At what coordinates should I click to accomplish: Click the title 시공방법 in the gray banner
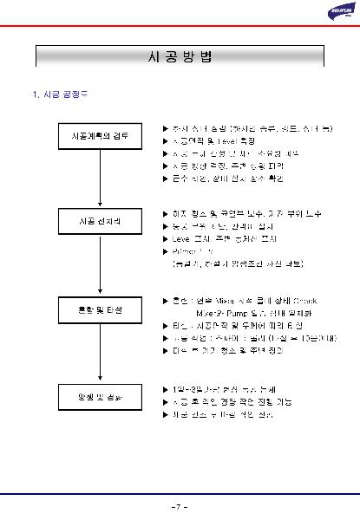(180, 56)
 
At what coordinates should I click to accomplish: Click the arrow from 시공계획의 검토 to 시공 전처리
(101, 180)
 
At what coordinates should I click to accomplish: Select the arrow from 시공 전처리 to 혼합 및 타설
(101, 265)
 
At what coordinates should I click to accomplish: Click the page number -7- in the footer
(180, 505)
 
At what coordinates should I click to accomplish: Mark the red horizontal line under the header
(180, 28)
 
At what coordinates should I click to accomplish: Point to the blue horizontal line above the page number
(180, 493)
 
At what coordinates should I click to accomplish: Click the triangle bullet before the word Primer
(166, 249)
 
